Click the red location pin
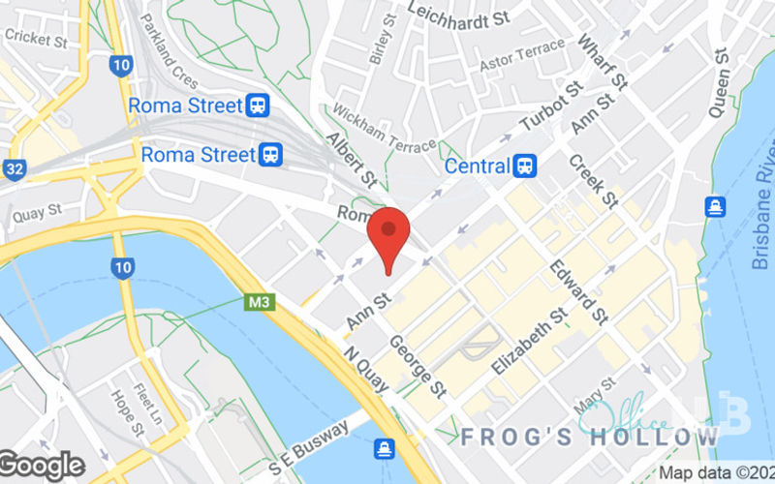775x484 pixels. tap(388, 232)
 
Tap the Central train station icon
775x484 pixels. tap(525, 166)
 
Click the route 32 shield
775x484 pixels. tap(13, 169)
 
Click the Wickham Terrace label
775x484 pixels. tap(385, 130)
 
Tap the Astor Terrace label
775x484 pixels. tap(522, 55)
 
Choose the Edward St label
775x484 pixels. tap(578, 291)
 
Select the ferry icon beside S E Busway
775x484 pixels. tap(385, 449)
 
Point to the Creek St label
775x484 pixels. tap(592, 181)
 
